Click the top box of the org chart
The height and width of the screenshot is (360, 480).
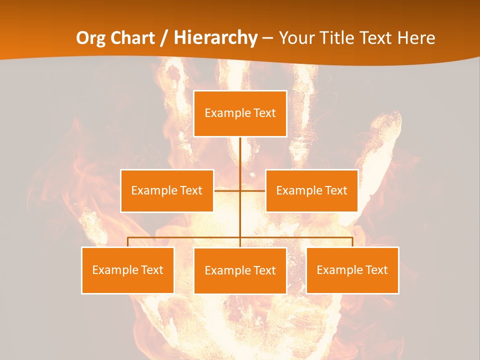240,113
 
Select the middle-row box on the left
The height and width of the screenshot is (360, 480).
167,190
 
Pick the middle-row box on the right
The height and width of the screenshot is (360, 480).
311,190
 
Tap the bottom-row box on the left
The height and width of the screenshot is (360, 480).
127,270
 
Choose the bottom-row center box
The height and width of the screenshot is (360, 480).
240,270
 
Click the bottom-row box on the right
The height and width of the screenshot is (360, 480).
352,270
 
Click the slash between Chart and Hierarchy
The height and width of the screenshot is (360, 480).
163,38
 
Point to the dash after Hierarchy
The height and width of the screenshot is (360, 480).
267,38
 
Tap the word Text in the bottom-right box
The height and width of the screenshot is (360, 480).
376,270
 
